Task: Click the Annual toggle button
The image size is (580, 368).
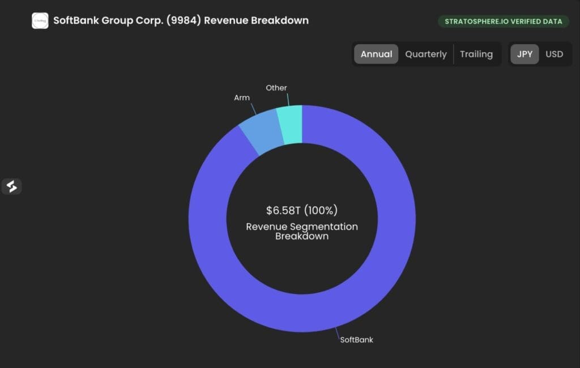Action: pyautogui.click(x=376, y=54)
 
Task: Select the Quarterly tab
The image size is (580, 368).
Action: pyautogui.click(x=426, y=54)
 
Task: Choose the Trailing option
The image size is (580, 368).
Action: pyautogui.click(x=476, y=54)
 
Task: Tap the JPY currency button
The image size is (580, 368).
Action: pyautogui.click(x=524, y=54)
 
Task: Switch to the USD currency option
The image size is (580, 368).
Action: pyautogui.click(x=554, y=54)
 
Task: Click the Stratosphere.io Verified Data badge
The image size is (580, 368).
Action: pyautogui.click(x=504, y=22)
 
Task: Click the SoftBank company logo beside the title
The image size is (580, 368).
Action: pyautogui.click(x=40, y=21)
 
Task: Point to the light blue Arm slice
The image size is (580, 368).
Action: pyautogui.click(x=261, y=131)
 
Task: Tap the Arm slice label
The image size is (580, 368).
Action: pyautogui.click(x=242, y=97)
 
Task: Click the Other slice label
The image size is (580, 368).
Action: pyautogui.click(x=276, y=88)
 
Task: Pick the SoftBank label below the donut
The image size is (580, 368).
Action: pyautogui.click(x=357, y=340)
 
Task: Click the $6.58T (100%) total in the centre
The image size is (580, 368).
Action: pyautogui.click(x=302, y=210)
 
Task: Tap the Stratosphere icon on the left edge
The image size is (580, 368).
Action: pyautogui.click(x=11, y=186)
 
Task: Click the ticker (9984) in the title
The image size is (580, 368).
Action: pyautogui.click(x=184, y=20)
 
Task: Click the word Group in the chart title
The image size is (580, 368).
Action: pyautogui.click(x=117, y=21)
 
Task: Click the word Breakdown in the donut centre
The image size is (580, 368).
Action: pyautogui.click(x=302, y=236)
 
